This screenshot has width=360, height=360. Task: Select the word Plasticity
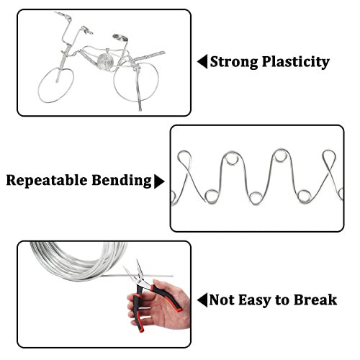point(296,61)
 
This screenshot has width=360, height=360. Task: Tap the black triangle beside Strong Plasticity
point(202,61)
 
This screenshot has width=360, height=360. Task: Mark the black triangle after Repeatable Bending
point(159,180)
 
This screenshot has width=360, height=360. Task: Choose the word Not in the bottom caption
point(222,299)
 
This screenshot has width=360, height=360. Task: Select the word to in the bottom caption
point(284,299)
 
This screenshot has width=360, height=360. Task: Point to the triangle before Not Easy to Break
point(202,299)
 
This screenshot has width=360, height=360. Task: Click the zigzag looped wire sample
point(256,176)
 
